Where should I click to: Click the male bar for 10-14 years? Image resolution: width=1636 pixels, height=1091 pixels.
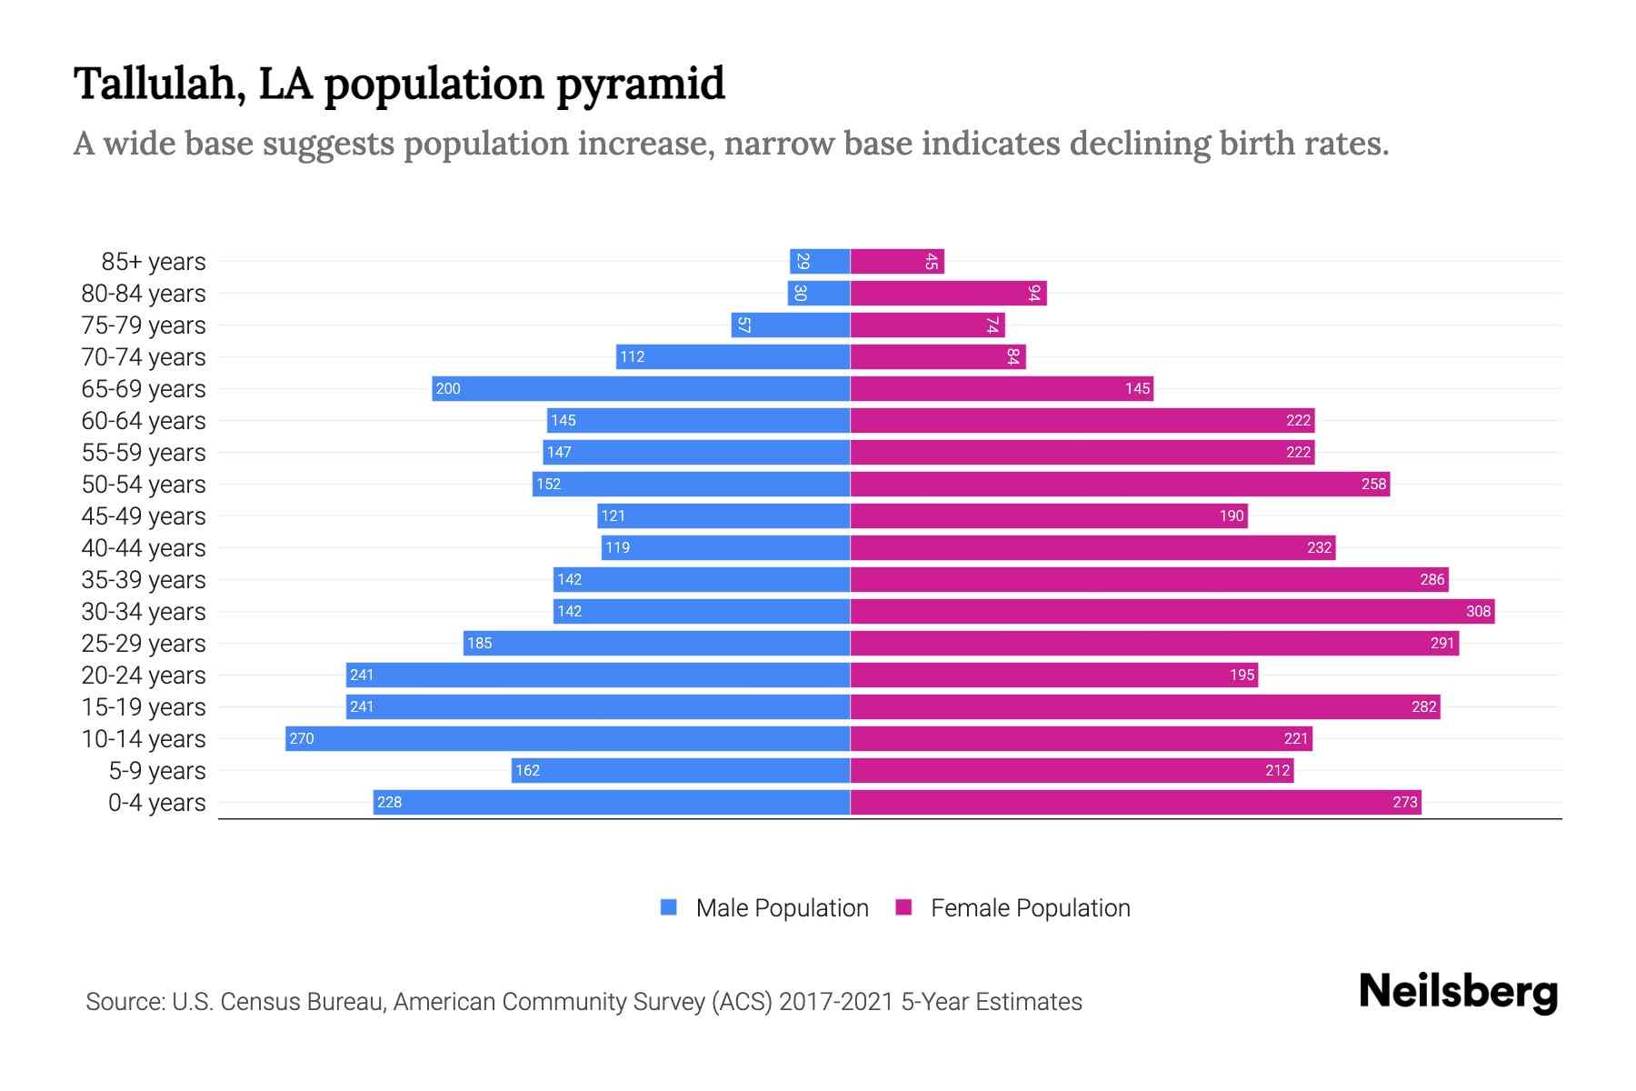click(568, 738)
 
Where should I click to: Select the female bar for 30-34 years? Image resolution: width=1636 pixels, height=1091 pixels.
click(1172, 611)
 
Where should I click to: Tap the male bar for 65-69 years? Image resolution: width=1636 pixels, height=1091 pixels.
click(641, 388)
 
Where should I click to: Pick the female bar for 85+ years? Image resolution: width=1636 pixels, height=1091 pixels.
click(897, 261)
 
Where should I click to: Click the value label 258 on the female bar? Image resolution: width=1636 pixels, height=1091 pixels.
click(1373, 484)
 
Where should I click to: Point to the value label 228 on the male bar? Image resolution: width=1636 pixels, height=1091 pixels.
click(389, 802)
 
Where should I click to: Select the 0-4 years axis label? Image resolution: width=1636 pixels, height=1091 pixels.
click(156, 802)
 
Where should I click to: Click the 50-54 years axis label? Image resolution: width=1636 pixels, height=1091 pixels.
click(144, 484)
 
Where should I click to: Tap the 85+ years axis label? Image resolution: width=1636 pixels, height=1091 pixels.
click(154, 261)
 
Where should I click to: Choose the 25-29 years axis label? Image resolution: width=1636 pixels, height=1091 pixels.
click(144, 643)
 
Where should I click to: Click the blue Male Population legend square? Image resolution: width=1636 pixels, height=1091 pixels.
click(669, 907)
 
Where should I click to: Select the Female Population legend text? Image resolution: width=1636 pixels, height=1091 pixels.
click(1030, 907)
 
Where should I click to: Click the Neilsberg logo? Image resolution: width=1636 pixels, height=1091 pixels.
click(1458, 991)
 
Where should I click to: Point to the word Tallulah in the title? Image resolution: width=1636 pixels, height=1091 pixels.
click(159, 84)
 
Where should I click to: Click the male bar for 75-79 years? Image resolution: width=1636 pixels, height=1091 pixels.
click(791, 325)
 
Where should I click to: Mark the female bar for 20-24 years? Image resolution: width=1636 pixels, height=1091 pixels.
click(1054, 675)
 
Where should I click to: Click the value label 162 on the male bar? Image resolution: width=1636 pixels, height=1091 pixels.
click(527, 770)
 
